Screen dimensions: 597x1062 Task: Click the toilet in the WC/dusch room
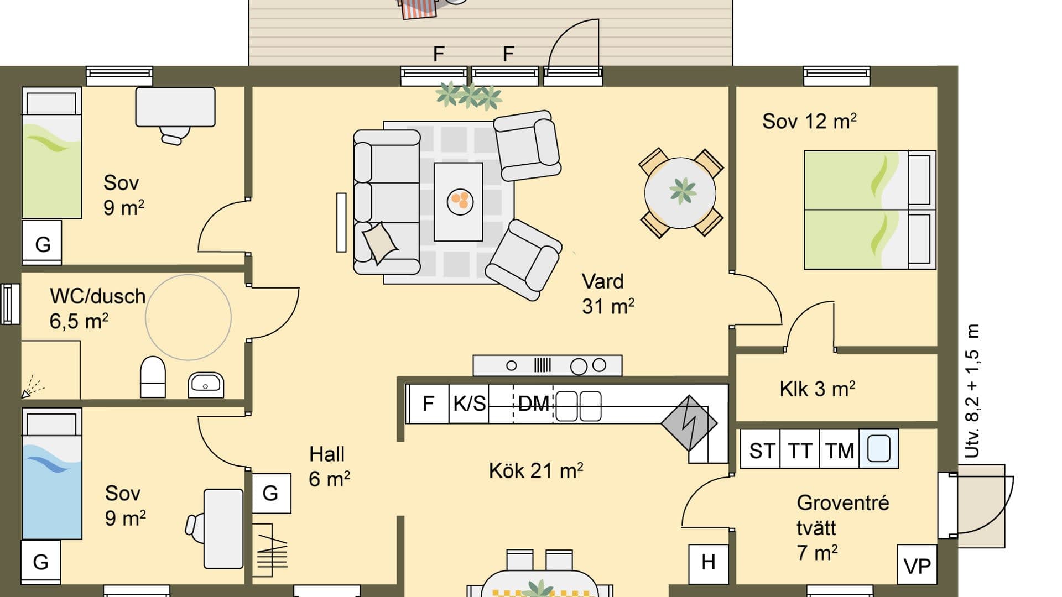tap(153, 377)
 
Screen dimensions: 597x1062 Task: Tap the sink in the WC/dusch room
tap(206, 384)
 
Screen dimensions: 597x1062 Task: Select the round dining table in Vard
tap(680, 193)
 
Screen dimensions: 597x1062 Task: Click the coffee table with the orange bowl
tap(458, 201)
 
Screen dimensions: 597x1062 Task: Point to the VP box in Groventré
tap(917, 565)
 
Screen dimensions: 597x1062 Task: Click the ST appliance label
tap(762, 451)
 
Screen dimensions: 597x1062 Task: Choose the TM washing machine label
tap(840, 451)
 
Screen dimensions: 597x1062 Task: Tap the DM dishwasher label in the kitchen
tap(533, 404)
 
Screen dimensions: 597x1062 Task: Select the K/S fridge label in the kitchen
tap(469, 404)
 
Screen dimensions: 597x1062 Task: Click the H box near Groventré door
tap(708, 563)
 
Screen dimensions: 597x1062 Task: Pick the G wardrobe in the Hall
tap(271, 493)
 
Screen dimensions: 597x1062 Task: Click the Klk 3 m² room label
tap(817, 389)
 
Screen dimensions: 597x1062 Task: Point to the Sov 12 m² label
tap(809, 122)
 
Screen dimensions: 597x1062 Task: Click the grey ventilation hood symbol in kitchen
tap(689, 423)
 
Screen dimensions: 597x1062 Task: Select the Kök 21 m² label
tap(535, 471)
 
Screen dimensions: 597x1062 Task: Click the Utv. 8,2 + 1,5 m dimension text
tap(972, 391)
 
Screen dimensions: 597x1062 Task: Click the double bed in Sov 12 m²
tap(868, 210)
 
